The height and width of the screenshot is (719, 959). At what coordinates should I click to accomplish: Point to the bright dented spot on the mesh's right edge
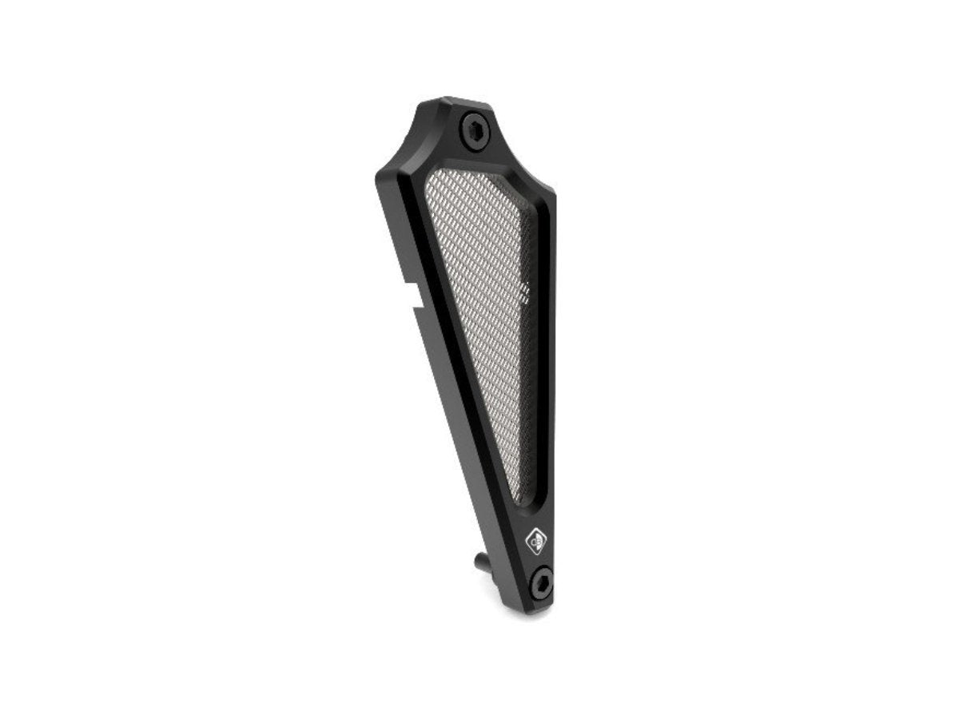525,293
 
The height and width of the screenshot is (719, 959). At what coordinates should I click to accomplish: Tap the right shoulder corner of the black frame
552,193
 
